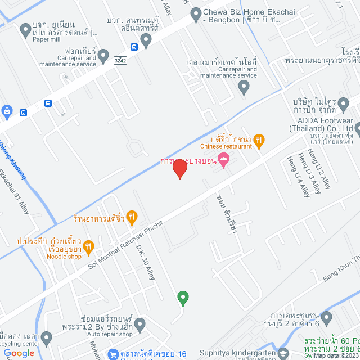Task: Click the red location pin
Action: click(179, 169)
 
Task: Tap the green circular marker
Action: click(182, 296)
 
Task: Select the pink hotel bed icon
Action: click(223, 160)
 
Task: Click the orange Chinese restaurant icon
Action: click(259, 140)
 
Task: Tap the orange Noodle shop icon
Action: click(88, 246)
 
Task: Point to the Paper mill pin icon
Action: click(25, 29)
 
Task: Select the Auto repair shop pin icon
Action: click(140, 324)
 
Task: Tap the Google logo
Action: click(19, 353)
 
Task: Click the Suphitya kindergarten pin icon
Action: click(283, 354)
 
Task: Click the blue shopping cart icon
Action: click(114, 355)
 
